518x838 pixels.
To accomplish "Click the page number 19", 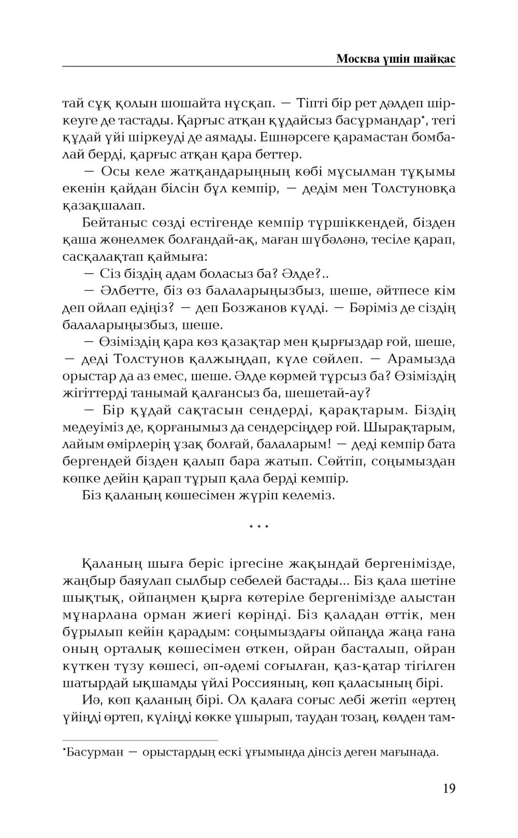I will point(449,788).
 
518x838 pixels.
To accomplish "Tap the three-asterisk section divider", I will point(258,527).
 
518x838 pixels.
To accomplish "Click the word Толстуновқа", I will point(414,188).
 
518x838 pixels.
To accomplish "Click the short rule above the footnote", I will point(140,741).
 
